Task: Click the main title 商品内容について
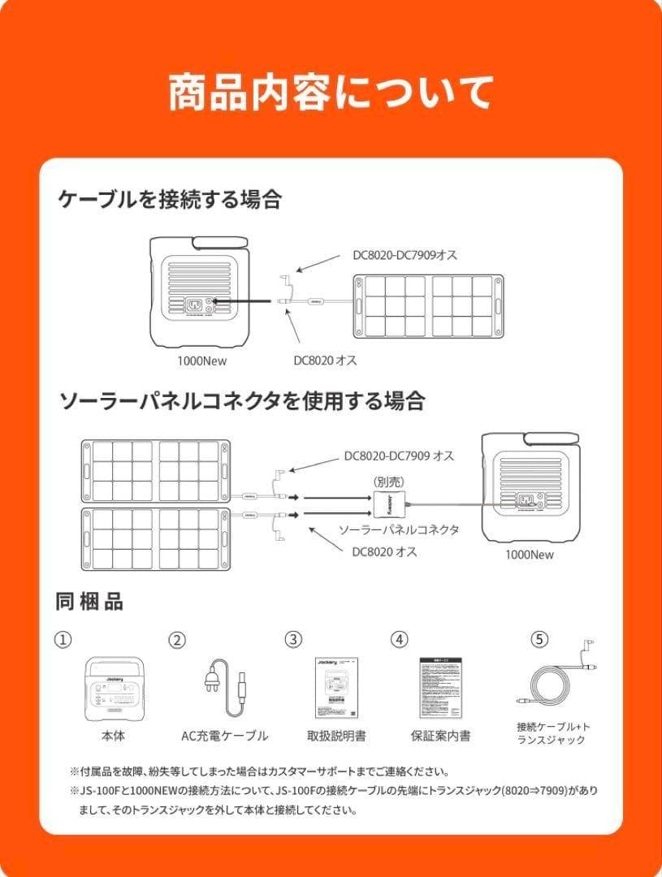pos(331,93)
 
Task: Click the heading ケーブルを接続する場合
pos(169,199)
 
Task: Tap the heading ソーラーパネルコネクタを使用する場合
pos(241,400)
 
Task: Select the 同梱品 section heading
pos(89,602)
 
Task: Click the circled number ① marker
pos(63,639)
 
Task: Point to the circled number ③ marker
pos(293,639)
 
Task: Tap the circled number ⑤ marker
pos(539,639)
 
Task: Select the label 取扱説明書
pos(336,736)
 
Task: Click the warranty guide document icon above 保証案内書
pos(440,688)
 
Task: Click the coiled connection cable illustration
pos(552,682)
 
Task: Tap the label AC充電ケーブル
pos(224,736)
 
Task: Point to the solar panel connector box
pos(389,502)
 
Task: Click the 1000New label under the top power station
pos(201,361)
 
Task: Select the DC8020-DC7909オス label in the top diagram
pos(405,255)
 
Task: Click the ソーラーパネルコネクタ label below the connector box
pos(398,529)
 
